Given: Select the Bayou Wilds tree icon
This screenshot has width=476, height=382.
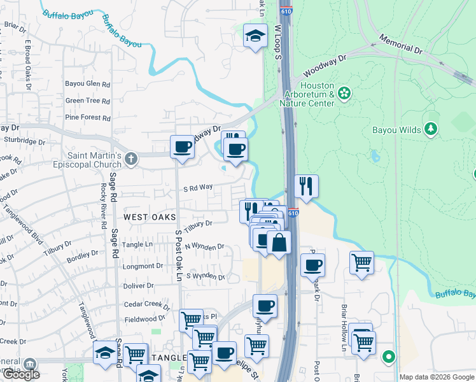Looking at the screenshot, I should coord(431,130).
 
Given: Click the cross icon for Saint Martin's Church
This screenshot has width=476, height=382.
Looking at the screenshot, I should coord(131,158).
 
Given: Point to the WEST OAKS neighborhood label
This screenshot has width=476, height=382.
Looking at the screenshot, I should coord(149,217).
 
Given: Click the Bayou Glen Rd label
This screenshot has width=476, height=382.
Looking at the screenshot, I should coord(88,83).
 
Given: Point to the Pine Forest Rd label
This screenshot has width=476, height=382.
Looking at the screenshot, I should coord(88,117).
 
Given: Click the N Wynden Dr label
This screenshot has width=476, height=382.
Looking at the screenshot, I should coord(205,246).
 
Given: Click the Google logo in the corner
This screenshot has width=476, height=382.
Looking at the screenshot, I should coord(21,374).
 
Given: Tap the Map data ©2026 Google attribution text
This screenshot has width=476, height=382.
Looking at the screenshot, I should coord(436,377).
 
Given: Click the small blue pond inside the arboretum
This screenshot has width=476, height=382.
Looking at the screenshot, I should coord(375,156).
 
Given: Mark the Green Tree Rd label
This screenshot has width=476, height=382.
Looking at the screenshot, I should coord(88,101).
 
